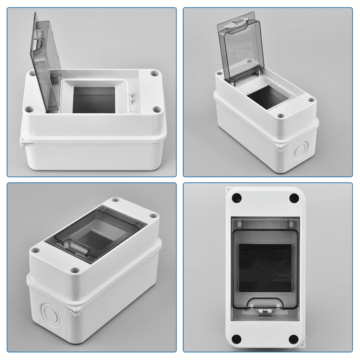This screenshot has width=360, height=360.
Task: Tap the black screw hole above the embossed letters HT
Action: click(235, 197)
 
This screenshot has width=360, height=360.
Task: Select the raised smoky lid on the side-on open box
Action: click(45, 58)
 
